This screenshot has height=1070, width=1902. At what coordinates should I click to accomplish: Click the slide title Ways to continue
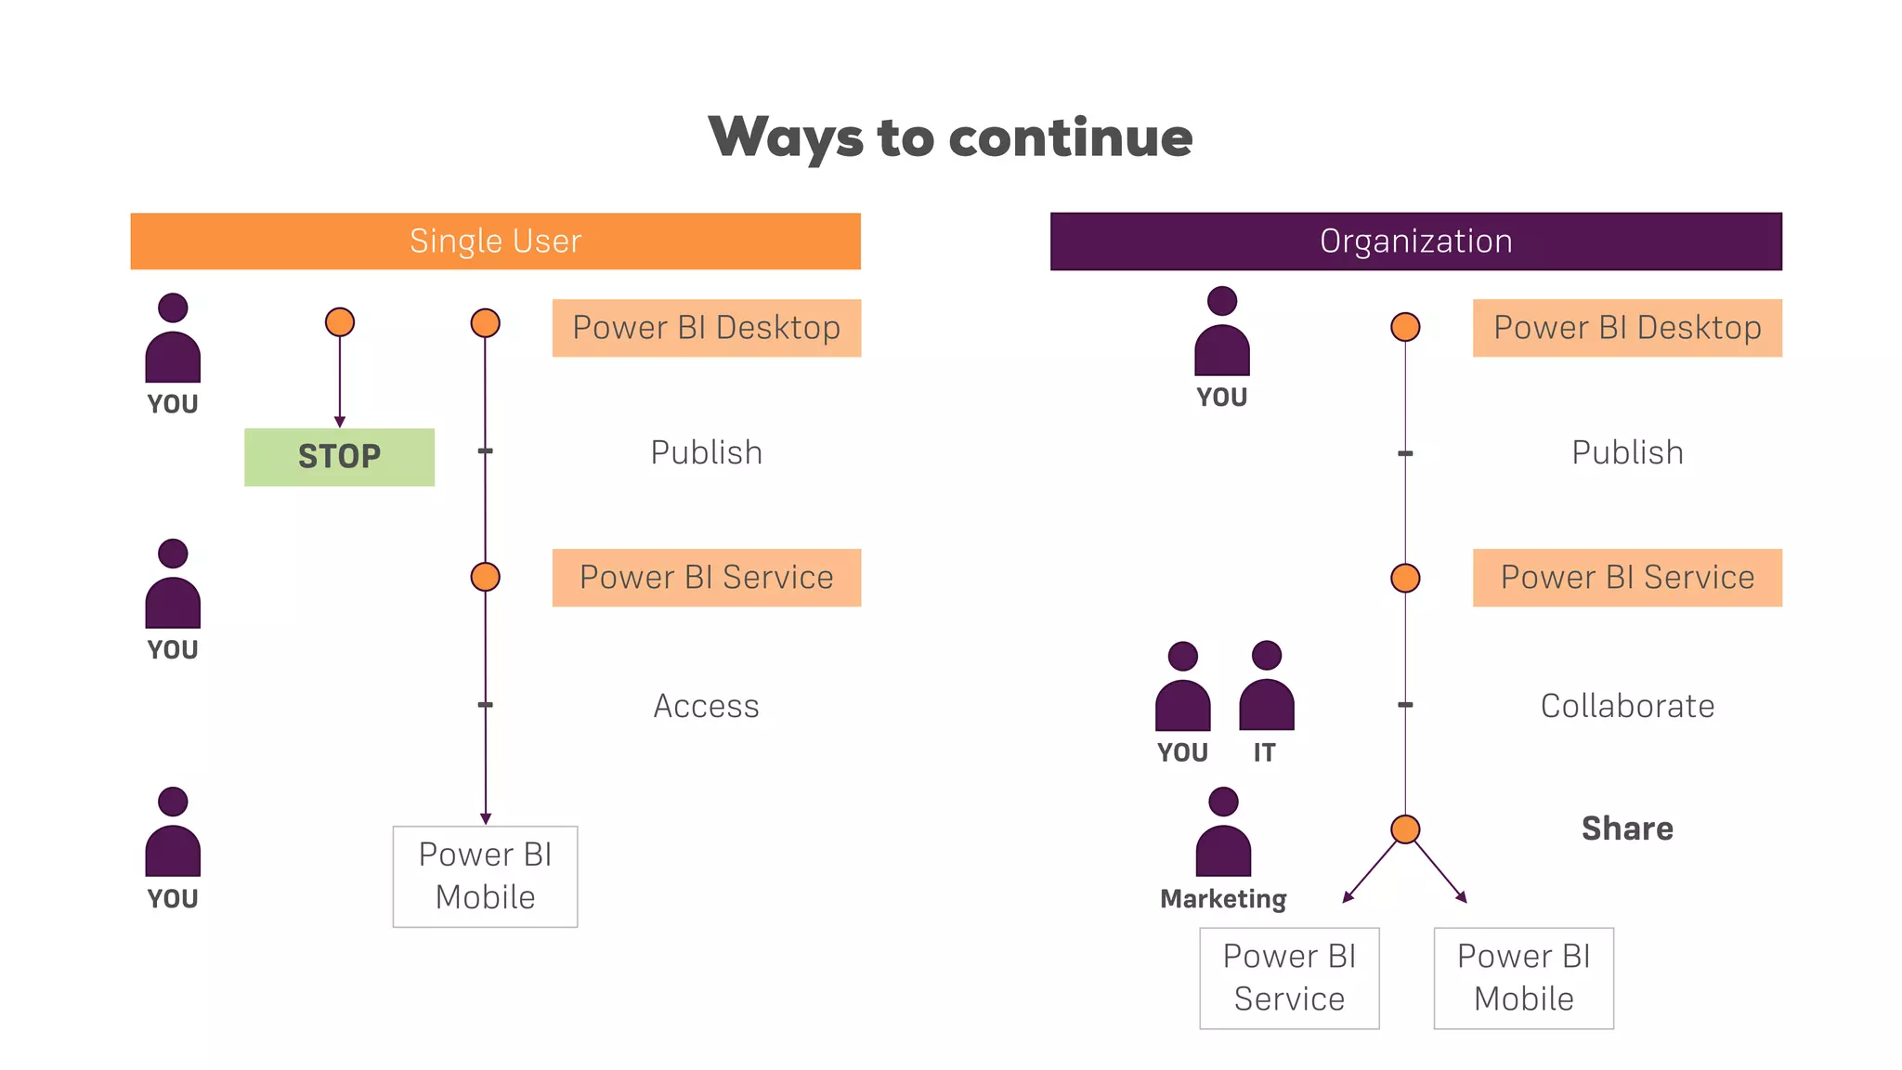pos(950,137)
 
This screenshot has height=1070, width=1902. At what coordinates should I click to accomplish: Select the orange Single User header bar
pos(495,241)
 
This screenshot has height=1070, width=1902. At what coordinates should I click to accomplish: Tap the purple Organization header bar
pos(1415,241)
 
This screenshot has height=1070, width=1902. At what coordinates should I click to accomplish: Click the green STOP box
pos(339,457)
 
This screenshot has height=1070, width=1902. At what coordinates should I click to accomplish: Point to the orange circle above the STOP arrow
pos(340,322)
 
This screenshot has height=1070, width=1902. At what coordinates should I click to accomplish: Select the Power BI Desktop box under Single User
pos(706,328)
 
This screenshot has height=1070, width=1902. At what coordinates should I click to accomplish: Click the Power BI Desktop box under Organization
pos(1627,328)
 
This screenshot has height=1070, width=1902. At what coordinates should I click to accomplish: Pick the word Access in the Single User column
pos(706,706)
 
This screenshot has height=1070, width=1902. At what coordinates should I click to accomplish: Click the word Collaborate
pos(1627,706)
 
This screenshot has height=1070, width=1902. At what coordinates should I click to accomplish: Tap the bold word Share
pos(1627,829)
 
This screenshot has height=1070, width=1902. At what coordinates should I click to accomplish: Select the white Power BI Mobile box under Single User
pos(485,876)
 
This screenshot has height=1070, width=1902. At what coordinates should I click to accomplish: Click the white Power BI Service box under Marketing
pos(1289,978)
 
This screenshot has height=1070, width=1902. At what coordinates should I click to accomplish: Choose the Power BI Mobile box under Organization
pos(1523,978)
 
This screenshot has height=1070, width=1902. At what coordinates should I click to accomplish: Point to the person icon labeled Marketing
pos(1223,832)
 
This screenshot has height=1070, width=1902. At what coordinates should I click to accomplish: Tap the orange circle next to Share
pos(1405,829)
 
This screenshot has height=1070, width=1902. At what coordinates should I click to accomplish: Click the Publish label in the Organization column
pos(1627,453)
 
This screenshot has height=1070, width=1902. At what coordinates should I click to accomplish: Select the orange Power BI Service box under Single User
pos(706,578)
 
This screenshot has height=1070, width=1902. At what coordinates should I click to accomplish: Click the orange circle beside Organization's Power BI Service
pos(1405,578)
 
